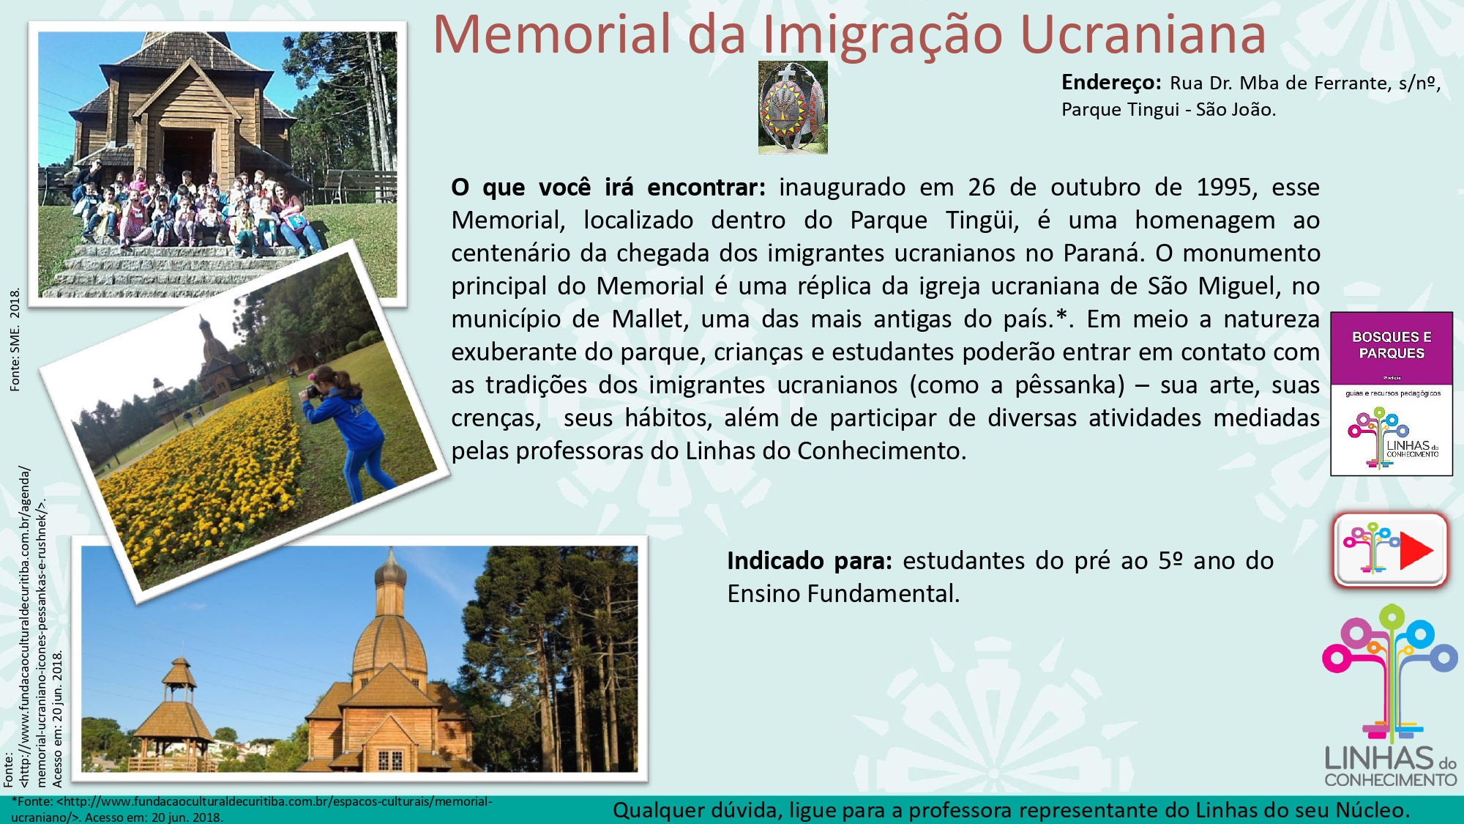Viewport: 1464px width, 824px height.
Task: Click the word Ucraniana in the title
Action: coord(1143,34)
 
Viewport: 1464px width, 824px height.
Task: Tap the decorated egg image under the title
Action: coord(793,108)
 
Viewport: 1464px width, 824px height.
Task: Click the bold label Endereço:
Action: coord(1111,83)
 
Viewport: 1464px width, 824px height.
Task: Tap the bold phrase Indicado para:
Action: coord(810,561)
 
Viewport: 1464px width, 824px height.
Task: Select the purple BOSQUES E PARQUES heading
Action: coord(1392,345)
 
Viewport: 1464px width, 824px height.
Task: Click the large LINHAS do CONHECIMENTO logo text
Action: coord(1391,766)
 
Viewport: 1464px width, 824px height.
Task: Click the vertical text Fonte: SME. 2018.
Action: coord(15,340)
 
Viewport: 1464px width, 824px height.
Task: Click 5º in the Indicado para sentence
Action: coord(1170,561)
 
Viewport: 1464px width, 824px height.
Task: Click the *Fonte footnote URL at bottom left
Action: coord(252,809)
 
